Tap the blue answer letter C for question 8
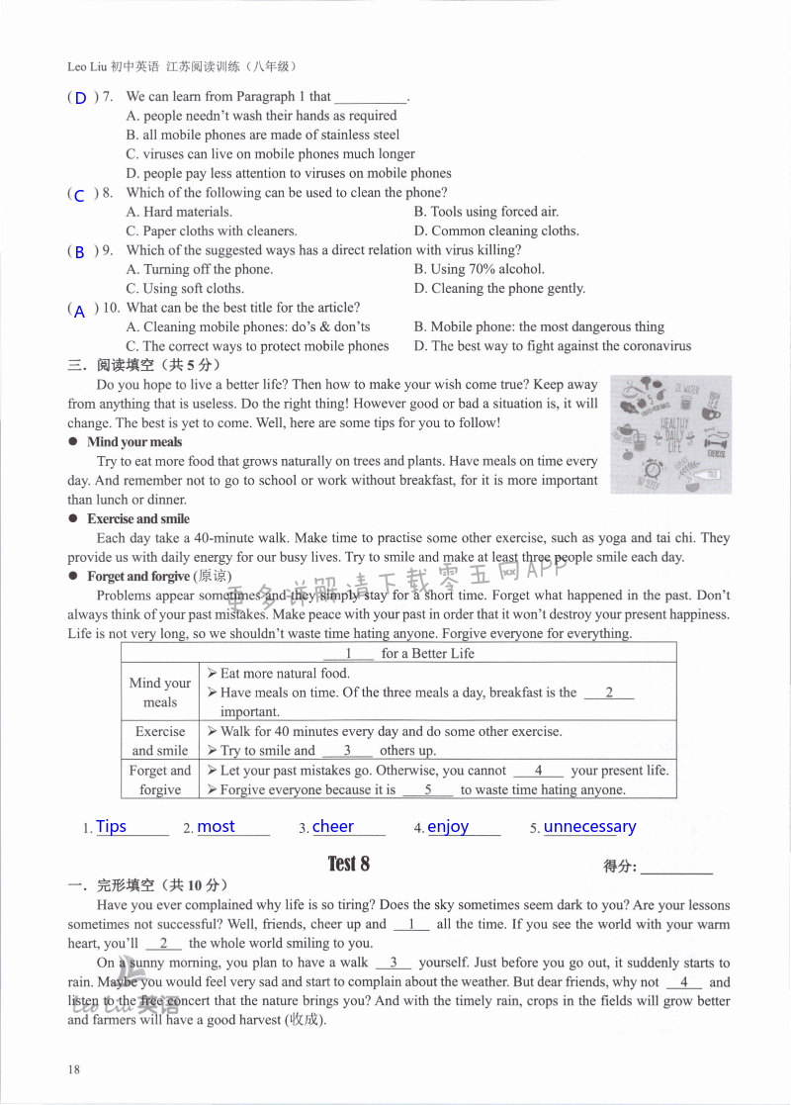point(80,195)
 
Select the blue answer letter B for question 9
point(80,252)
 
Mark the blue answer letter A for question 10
point(80,311)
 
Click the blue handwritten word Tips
point(112,827)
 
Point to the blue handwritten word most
point(217,827)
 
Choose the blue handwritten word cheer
point(333,827)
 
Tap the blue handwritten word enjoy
point(448,827)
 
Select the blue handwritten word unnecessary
point(590,827)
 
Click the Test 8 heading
point(349,864)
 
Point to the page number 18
point(74,1069)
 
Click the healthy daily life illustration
point(671,433)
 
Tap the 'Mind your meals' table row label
point(160,692)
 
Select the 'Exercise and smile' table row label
point(160,741)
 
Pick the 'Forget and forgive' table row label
point(160,780)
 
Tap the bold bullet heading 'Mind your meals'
point(134,442)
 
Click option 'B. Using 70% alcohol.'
point(480,269)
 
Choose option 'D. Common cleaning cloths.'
point(496,230)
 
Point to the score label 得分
point(620,867)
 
